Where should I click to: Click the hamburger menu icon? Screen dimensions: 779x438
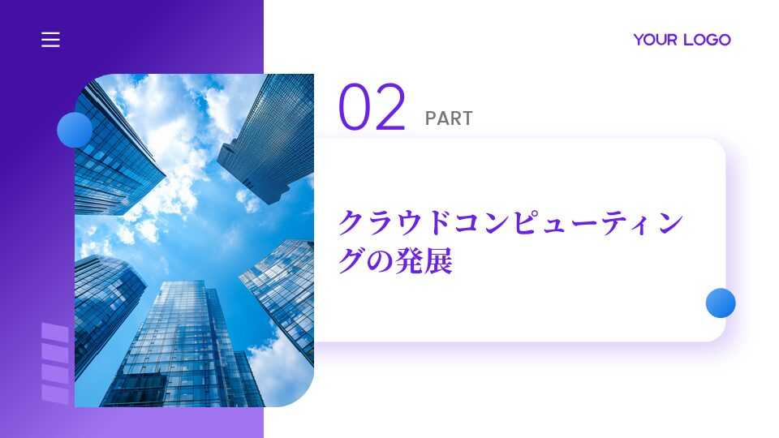click(50, 40)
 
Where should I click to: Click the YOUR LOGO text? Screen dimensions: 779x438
click(682, 40)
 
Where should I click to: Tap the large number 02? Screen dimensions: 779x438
click(372, 107)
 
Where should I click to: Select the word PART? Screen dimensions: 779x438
click(449, 118)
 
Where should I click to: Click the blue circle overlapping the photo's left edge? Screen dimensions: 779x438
click(75, 130)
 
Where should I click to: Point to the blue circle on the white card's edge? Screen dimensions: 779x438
click(721, 303)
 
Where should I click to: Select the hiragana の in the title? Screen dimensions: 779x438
click(381, 262)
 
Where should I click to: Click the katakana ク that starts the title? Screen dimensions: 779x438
click(351, 222)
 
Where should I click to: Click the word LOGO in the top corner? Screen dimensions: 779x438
click(707, 40)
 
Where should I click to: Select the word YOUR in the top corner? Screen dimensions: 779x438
click(656, 40)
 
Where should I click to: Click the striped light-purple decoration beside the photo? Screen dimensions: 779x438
click(55, 363)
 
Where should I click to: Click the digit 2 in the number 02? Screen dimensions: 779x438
click(390, 107)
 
